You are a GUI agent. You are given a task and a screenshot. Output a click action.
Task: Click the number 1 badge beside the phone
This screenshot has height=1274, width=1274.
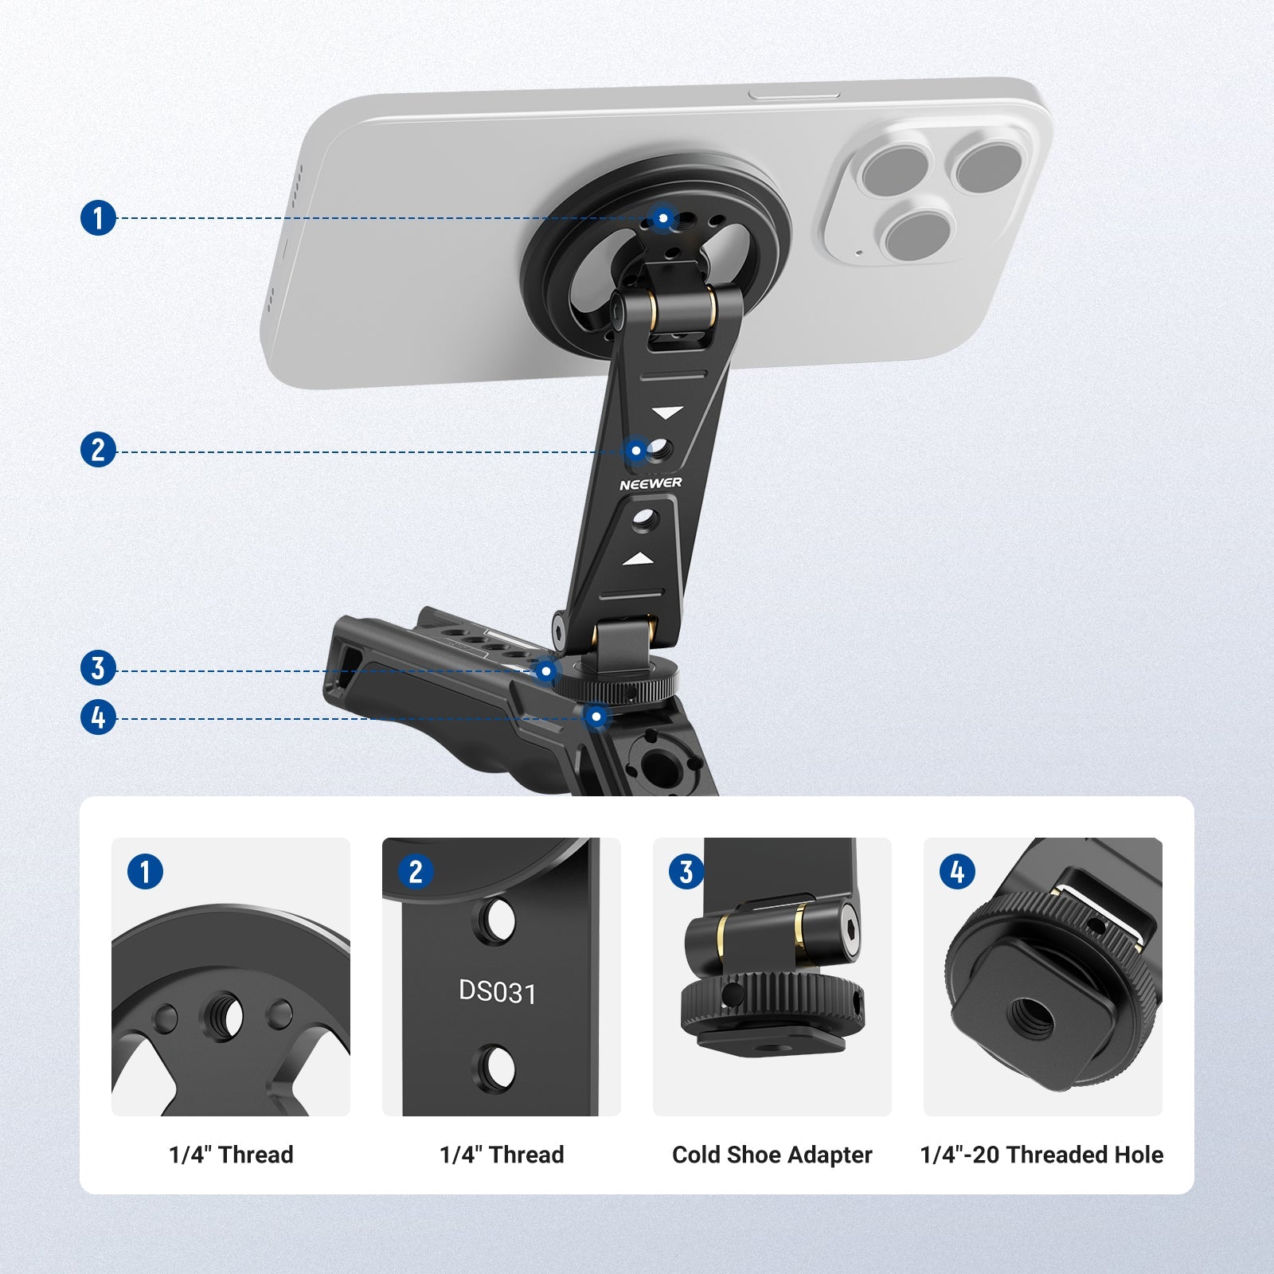[x=98, y=217]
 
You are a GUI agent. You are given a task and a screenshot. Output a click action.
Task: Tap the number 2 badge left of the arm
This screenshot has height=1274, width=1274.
[x=98, y=450]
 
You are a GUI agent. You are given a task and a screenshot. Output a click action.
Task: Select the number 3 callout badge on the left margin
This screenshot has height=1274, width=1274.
[x=98, y=668]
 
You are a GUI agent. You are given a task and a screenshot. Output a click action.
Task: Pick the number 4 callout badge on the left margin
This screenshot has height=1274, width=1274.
[x=98, y=717]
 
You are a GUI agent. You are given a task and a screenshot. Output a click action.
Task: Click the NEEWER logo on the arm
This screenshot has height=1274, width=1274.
[x=651, y=483]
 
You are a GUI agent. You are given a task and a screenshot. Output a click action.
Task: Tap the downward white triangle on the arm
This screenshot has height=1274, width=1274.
[x=667, y=412]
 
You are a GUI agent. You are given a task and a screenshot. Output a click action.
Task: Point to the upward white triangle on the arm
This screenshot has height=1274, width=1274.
[x=638, y=560]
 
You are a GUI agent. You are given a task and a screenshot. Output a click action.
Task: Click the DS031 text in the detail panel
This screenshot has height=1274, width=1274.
[x=498, y=992]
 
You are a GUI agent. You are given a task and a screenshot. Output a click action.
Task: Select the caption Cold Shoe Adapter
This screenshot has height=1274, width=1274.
[x=772, y=1155]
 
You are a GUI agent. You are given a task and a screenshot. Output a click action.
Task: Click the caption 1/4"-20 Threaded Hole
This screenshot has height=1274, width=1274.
[x=1041, y=1155]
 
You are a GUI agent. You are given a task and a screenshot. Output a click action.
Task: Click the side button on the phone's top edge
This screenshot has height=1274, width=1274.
[x=794, y=95]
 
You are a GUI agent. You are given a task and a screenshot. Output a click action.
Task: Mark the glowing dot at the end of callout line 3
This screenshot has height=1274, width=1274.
[x=545, y=671]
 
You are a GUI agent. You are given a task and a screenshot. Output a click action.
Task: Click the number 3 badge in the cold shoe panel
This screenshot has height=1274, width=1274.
[x=686, y=871]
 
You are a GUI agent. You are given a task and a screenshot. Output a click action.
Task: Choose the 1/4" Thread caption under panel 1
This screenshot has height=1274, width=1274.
[x=231, y=1155]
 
